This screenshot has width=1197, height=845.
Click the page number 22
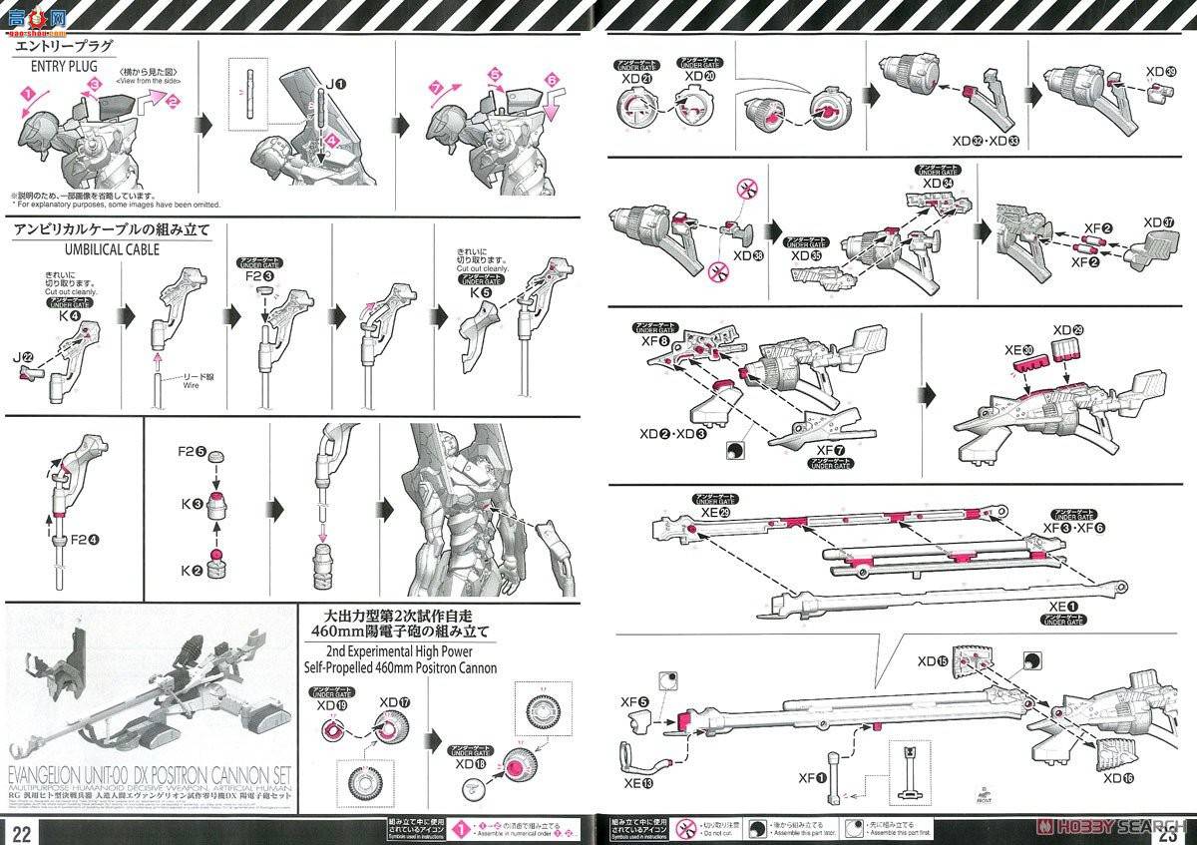(x=22, y=831)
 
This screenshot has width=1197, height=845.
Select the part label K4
(x=66, y=316)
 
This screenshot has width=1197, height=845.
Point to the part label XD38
(x=745, y=254)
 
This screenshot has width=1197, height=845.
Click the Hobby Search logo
(x=1118, y=827)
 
